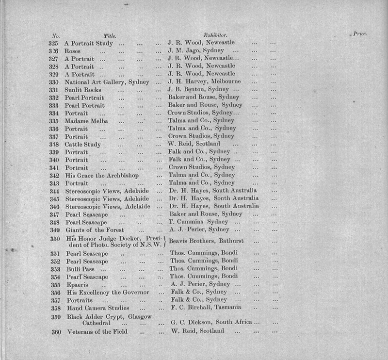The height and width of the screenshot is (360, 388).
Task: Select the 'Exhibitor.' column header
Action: [216, 35]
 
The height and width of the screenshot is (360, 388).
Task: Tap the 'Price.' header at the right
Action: [360, 34]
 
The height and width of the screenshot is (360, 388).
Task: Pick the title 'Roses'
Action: [72, 50]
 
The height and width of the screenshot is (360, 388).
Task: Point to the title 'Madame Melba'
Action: [86, 120]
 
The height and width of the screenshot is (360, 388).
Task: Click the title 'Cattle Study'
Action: [83, 144]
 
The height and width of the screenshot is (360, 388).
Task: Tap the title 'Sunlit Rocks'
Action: [83, 90]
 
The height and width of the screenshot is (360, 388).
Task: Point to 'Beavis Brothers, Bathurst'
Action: [206, 241]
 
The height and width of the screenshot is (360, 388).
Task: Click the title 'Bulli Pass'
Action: [80, 268]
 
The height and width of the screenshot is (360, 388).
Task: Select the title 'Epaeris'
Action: [77, 284]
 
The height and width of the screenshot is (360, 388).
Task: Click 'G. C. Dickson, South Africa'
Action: [211, 323]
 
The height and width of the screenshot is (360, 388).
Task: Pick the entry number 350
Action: [55, 239]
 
